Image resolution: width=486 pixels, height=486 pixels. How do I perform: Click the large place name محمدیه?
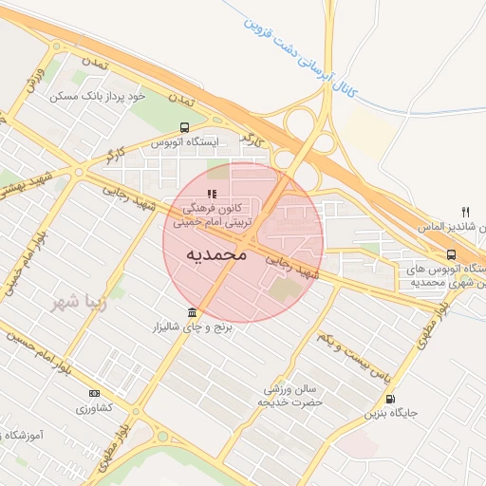pyautogui.click(x=216, y=254)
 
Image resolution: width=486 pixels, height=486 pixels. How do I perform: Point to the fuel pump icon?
pyautogui.click(x=390, y=399)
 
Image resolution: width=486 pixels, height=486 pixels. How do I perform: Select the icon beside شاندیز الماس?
pyautogui.click(x=465, y=212)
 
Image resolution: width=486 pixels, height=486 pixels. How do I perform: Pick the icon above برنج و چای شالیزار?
pyautogui.click(x=193, y=312)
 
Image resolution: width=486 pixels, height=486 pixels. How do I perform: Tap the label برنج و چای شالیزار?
pyautogui.click(x=193, y=327)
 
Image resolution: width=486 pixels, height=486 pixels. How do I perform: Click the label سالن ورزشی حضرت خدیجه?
pyautogui.click(x=291, y=395)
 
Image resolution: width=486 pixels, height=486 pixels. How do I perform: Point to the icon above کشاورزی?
pyautogui.click(x=93, y=393)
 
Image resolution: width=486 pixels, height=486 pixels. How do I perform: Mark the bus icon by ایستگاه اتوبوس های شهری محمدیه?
pyautogui.click(x=450, y=253)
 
